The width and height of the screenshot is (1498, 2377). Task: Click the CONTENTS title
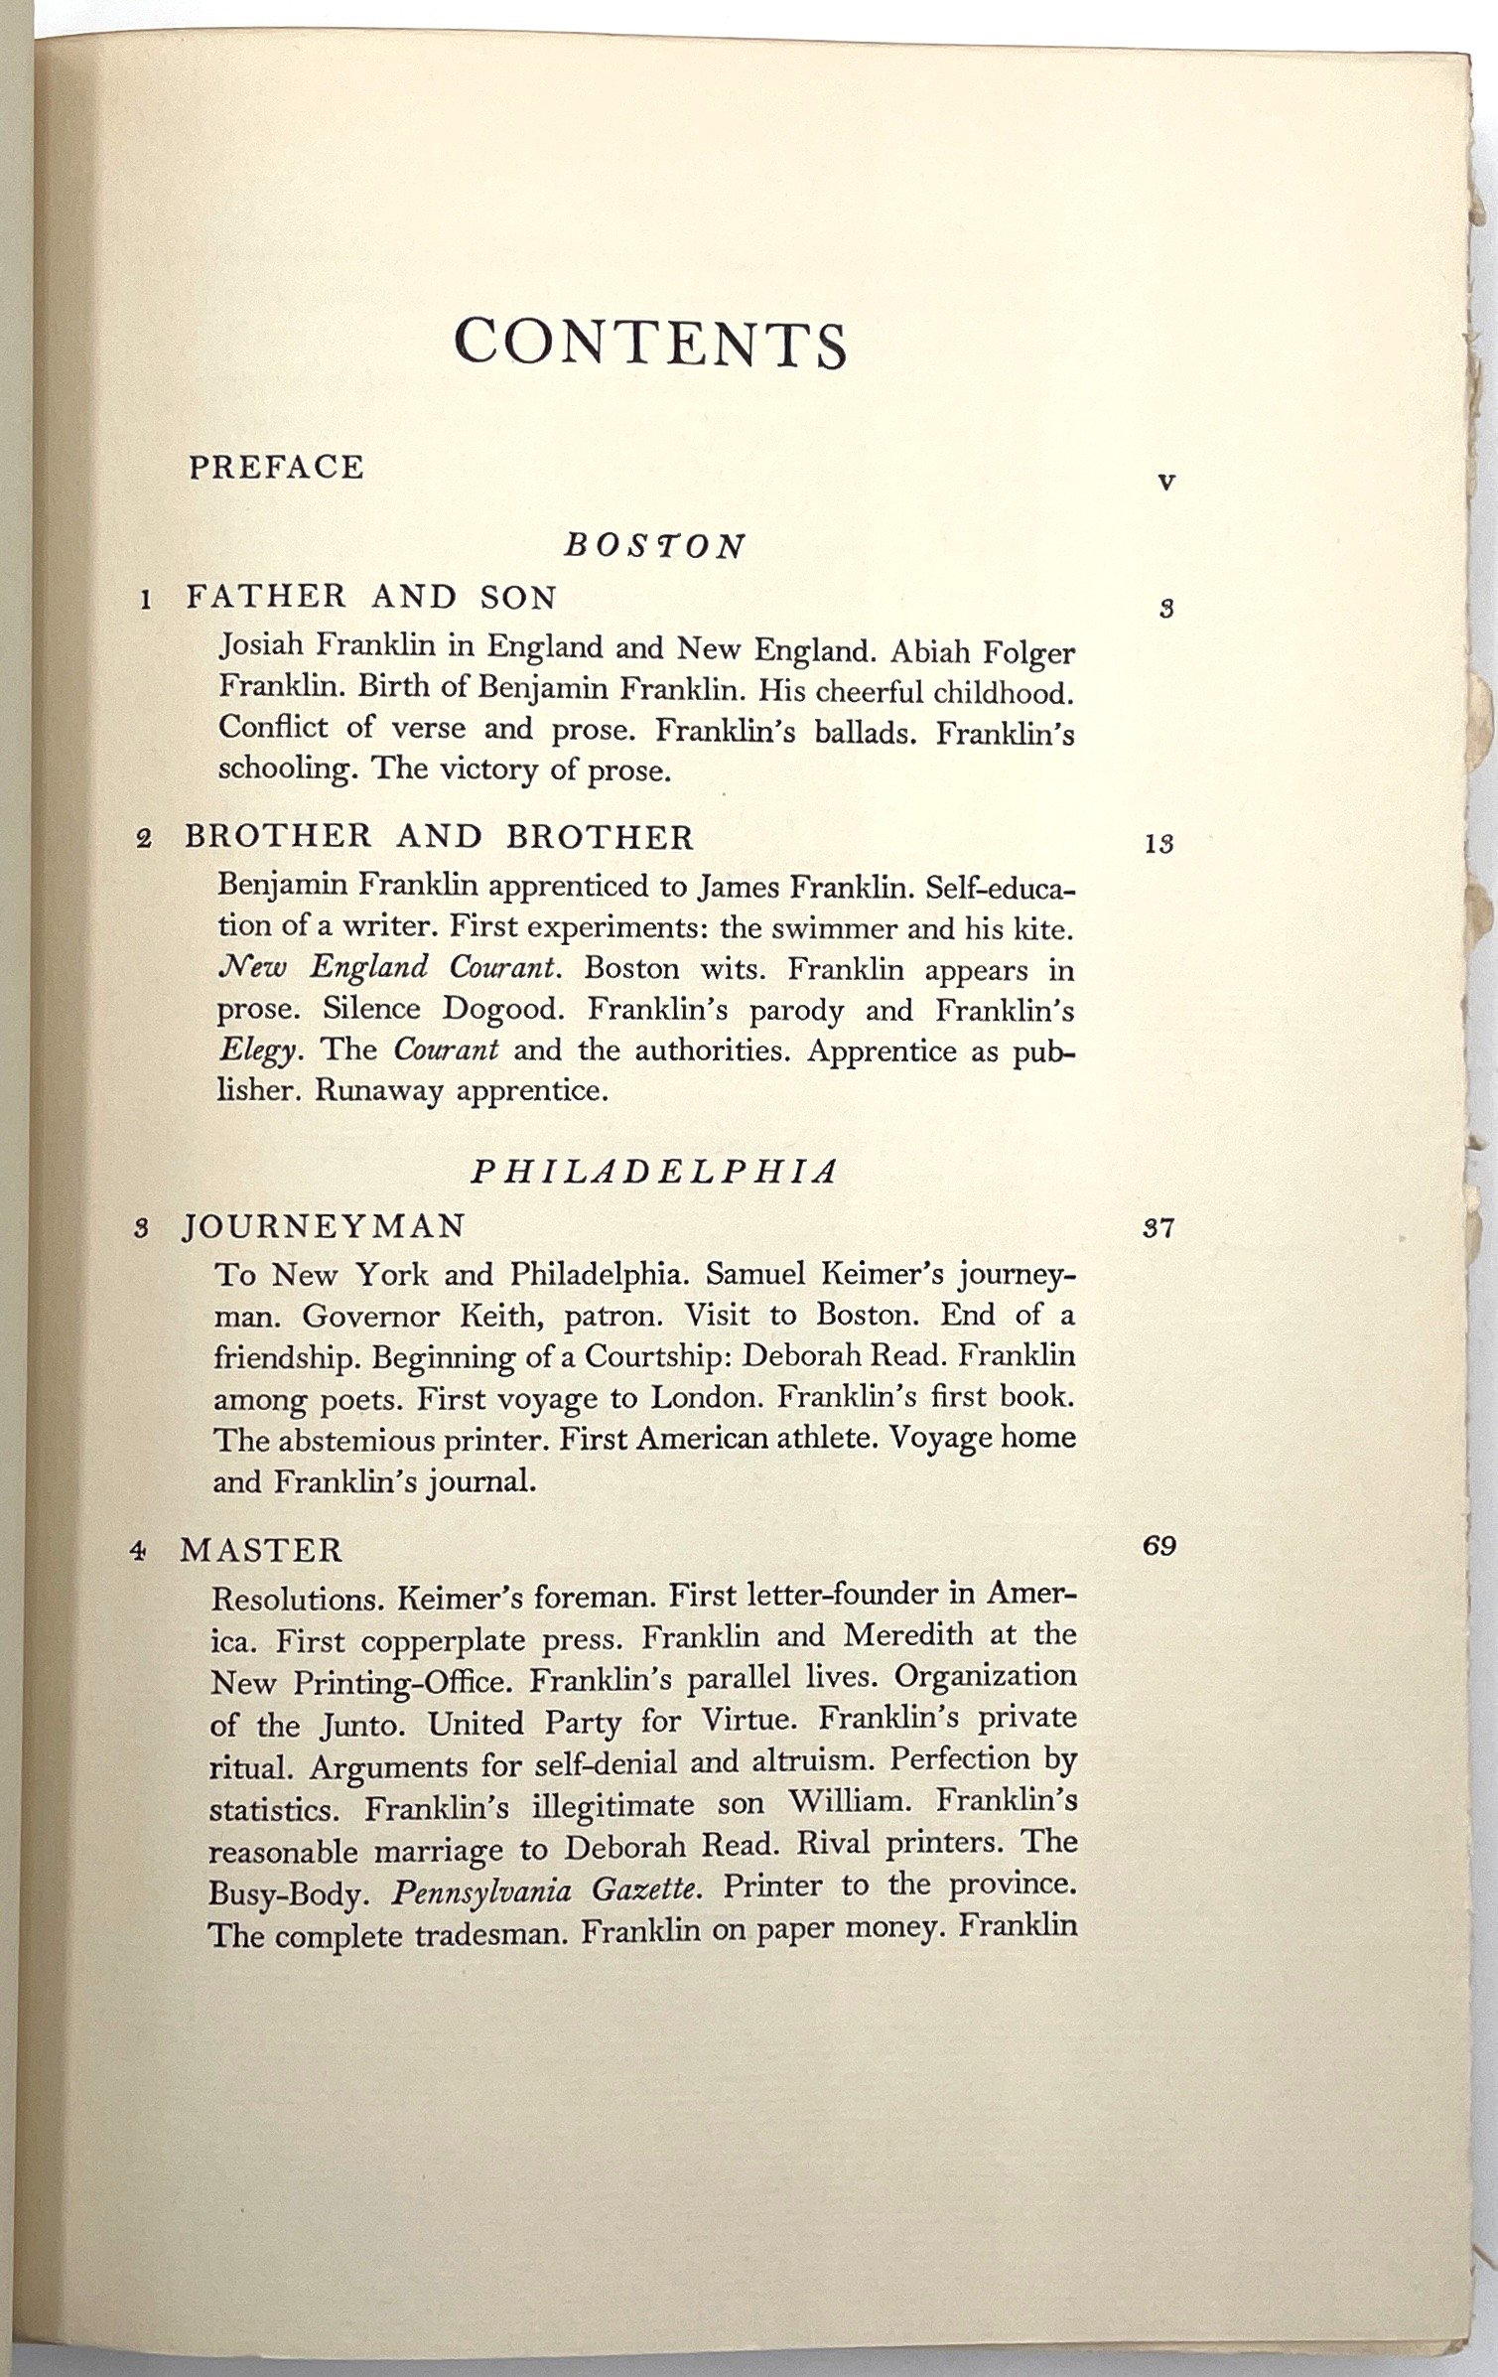(650, 343)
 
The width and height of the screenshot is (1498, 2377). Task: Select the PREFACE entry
(276, 467)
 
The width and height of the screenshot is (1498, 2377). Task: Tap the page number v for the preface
(1166, 484)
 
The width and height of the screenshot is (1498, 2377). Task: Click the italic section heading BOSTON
(655, 546)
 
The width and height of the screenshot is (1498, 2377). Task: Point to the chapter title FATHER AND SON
(371, 597)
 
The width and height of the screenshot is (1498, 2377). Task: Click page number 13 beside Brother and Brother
(1158, 844)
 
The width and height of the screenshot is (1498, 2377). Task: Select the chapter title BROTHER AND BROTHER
(439, 837)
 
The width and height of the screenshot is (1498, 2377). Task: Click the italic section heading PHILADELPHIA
(655, 1172)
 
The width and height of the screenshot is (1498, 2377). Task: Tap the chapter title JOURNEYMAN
(324, 1227)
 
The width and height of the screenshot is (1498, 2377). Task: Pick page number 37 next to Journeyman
(1158, 1228)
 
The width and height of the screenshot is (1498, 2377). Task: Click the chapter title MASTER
(261, 1550)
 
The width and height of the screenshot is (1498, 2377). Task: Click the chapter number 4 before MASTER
(139, 1551)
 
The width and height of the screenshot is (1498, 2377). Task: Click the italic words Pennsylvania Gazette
(547, 1889)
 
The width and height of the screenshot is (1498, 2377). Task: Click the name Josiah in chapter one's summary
(263, 646)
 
